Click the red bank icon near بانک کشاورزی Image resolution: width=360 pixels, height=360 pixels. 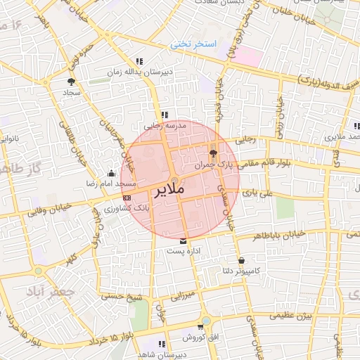pyautogui.click(x=127, y=199)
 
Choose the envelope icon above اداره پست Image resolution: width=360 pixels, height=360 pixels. pyautogui.click(x=184, y=240)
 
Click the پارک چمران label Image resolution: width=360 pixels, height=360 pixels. pyautogui.click(x=214, y=164)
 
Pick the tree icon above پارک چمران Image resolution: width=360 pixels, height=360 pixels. pyautogui.click(x=214, y=154)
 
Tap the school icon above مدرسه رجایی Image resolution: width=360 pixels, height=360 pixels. pyautogui.click(x=165, y=115)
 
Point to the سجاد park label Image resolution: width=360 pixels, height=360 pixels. pyautogui.click(x=72, y=92)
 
